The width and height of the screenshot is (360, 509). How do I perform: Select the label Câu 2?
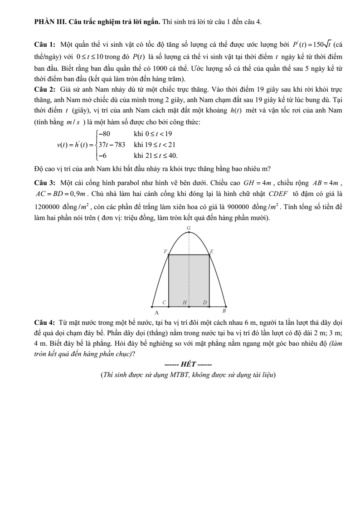click(45, 86)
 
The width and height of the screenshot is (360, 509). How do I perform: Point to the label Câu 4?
click(45, 323)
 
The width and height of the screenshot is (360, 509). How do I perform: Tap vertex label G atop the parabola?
click(189, 227)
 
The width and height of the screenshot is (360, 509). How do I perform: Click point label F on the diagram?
click(165, 251)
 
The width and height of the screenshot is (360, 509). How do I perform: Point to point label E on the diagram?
click(211, 251)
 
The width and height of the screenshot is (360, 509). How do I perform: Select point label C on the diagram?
click(165, 302)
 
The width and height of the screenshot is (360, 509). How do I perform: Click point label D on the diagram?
click(204, 302)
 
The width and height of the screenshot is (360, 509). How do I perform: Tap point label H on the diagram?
click(185, 302)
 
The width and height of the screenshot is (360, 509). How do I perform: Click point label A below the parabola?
click(156, 313)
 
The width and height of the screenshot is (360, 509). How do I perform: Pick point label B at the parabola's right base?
click(224, 311)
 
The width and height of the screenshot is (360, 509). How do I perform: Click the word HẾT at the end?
click(188, 364)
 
